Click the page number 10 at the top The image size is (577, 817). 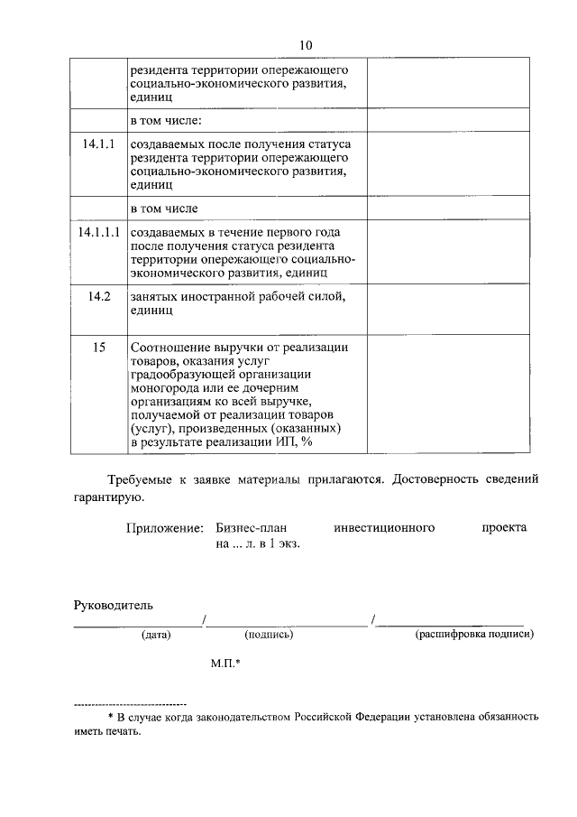304,46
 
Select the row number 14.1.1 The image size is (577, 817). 98,144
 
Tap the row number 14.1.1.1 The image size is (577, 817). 98,232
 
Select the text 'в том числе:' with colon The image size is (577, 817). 165,120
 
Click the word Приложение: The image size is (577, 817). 164,527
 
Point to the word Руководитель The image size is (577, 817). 114,603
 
